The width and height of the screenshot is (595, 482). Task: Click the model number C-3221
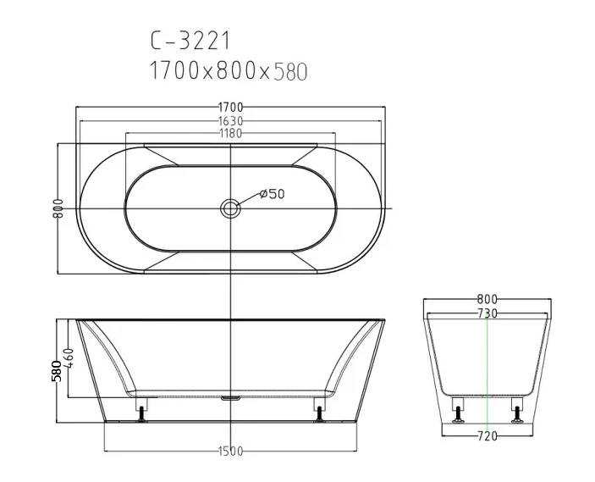click(190, 41)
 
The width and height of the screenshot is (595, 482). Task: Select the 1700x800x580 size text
click(229, 71)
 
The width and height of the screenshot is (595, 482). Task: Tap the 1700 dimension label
click(230, 108)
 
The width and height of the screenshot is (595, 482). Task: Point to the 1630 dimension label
click(230, 121)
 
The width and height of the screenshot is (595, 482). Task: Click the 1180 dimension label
click(230, 133)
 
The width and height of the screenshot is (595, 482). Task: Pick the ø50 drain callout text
click(272, 194)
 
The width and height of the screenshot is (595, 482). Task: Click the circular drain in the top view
click(229, 208)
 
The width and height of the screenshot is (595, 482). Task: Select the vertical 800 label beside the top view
click(58, 208)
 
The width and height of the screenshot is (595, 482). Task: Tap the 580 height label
click(57, 371)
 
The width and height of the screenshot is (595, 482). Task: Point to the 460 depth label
click(69, 357)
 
